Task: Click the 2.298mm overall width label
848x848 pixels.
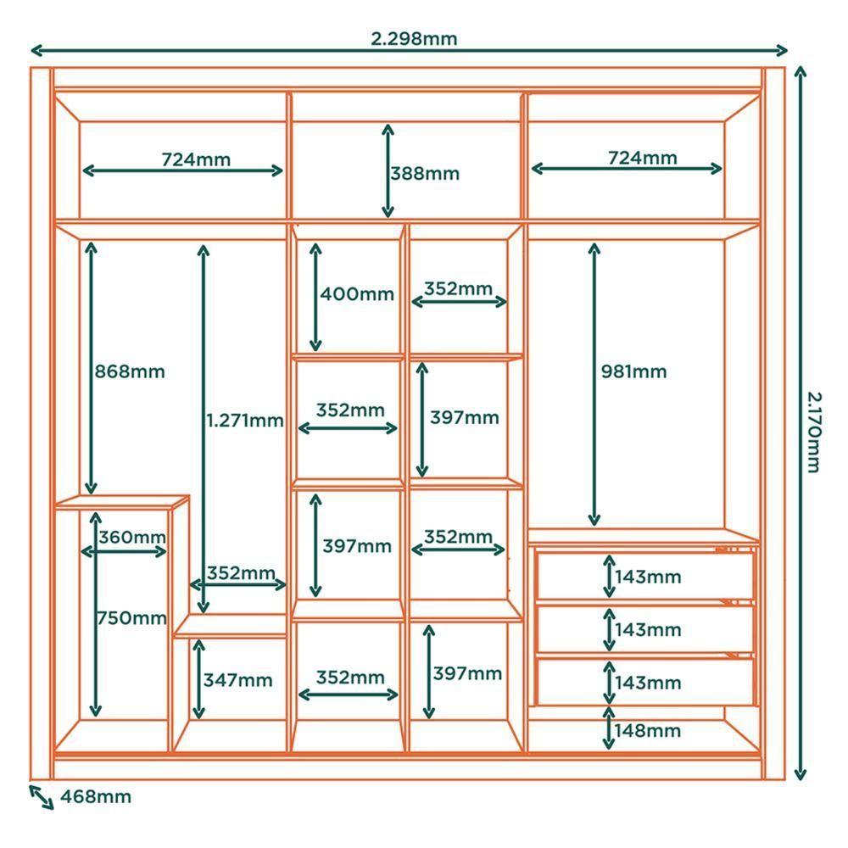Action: pyautogui.click(x=414, y=38)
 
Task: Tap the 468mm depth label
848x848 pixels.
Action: pyautogui.click(x=96, y=796)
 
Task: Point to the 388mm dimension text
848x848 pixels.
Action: pyautogui.click(x=424, y=174)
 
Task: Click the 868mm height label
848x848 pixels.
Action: pyautogui.click(x=130, y=371)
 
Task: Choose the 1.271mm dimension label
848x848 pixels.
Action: pyautogui.click(x=244, y=420)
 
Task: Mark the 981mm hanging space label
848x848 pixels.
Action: pyautogui.click(x=633, y=371)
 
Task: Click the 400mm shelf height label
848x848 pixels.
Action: pyautogui.click(x=357, y=294)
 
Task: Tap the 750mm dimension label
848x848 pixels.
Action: pyautogui.click(x=131, y=618)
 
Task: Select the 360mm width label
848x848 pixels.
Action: pyautogui.click(x=131, y=537)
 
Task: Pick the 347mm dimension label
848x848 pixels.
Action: pyautogui.click(x=237, y=680)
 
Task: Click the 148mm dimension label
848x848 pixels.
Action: pyautogui.click(x=648, y=730)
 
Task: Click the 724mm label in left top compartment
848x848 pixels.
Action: pyautogui.click(x=195, y=159)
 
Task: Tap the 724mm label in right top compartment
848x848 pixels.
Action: pyautogui.click(x=642, y=157)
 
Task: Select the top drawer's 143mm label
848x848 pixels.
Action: pyautogui.click(x=648, y=577)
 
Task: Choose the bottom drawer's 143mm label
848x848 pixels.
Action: pyautogui.click(x=648, y=683)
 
